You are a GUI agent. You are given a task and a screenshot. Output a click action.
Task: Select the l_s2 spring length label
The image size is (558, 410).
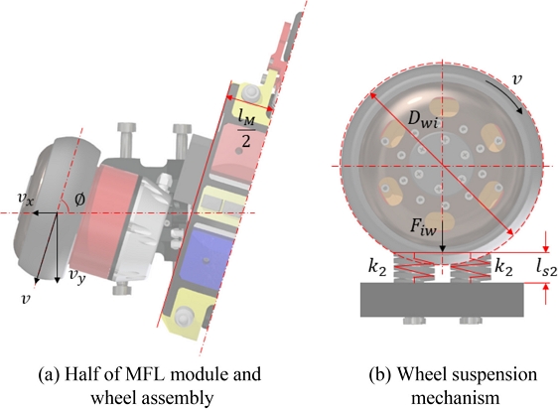click(546, 268)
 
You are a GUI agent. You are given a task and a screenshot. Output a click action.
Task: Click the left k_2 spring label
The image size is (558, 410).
click(377, 268)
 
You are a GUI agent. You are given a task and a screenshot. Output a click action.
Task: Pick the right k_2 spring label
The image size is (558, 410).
click(504, 268)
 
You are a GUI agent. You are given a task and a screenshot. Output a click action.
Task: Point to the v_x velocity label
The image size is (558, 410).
click(26, 200)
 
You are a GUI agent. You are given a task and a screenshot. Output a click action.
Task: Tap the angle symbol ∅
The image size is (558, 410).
click(79, 200)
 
